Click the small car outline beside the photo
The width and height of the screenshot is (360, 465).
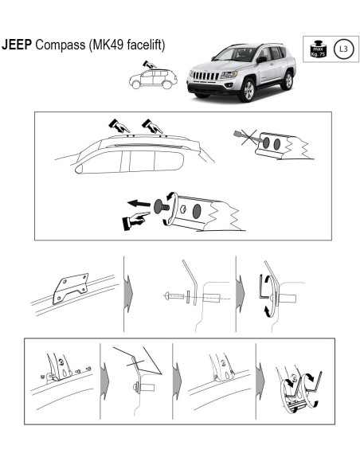point(152,78)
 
